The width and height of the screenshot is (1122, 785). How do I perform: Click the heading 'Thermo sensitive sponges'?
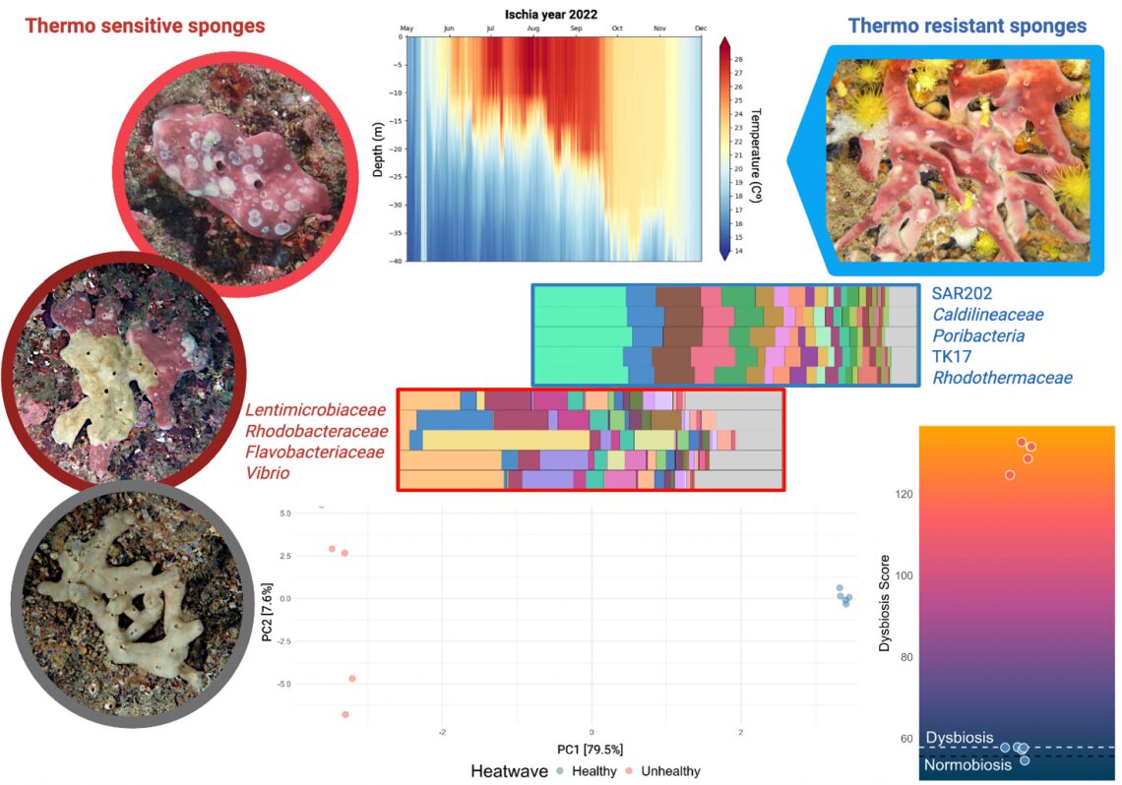coord(145,26)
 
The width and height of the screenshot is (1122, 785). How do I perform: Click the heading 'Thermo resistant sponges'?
coord(966,26)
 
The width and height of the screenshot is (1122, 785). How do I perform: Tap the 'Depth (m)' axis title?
coord(379,150)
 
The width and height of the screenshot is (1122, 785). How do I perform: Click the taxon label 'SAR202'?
coord(962,293)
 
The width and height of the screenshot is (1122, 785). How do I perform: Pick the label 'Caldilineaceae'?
coord(987,315)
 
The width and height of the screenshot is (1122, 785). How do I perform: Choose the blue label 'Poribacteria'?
coord(978,335)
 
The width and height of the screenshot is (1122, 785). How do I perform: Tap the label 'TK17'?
coord(952,356)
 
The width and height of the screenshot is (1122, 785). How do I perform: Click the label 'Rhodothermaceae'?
coord(1002,378)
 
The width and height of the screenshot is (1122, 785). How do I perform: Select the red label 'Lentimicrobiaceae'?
coord(316,410)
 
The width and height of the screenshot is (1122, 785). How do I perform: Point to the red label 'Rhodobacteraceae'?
coord(316,432)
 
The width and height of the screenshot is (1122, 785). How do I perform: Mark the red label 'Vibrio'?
coord(268,474)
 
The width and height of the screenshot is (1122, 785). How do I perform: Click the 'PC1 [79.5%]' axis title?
coord(591,750)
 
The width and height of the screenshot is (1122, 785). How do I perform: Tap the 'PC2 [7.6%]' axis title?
coord(268,623)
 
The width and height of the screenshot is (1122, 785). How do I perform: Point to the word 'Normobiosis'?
coord(967,765)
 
